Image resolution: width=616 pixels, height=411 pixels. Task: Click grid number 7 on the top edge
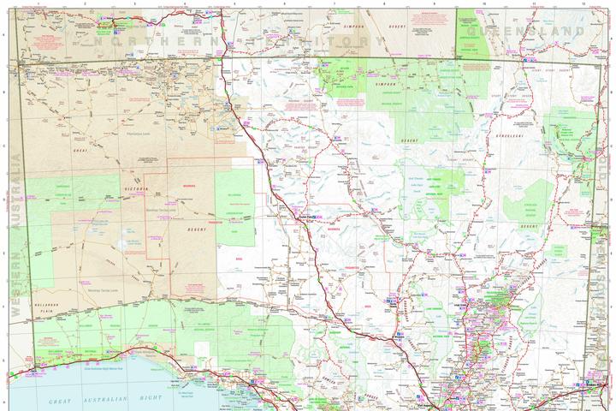point(334,3)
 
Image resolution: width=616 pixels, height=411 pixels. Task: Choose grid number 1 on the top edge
point(37,3)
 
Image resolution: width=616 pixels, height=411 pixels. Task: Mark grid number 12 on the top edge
point(583,3)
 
